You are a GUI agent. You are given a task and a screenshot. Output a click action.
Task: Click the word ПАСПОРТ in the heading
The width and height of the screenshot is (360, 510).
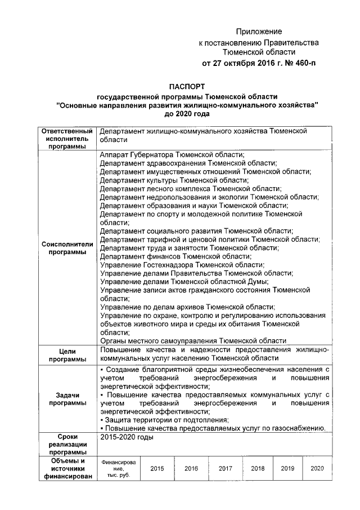[187, 86]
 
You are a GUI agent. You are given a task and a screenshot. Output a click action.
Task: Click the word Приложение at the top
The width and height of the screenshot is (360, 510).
[259, 32]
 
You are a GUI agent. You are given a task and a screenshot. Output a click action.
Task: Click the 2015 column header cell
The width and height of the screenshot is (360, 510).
[157, 468]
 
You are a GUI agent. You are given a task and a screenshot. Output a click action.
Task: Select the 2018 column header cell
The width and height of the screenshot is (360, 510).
[258, 468]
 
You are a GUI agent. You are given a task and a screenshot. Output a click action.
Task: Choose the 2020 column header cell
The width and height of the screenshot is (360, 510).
[317, 468]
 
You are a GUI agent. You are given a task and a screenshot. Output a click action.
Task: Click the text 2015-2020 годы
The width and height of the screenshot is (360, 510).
[126, 437]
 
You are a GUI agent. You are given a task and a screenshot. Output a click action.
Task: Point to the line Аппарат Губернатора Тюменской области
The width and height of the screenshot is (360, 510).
[172, 154]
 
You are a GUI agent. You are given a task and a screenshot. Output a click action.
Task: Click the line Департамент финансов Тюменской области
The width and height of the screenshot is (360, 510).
[175, 256]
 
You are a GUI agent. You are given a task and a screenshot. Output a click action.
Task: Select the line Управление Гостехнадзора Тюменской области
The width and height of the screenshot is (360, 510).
[182, 264]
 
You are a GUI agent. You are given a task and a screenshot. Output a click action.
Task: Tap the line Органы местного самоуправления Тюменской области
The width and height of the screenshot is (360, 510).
[193, 340]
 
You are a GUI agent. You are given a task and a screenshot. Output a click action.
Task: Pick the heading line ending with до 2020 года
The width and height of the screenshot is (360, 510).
[187, 113]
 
